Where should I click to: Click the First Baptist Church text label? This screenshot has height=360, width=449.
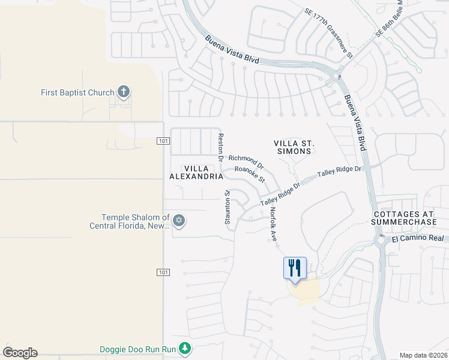coord(77,92)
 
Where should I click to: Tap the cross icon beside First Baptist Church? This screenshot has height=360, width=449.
coord(124,92)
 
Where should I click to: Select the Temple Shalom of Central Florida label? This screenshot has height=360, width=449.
coord(128,221)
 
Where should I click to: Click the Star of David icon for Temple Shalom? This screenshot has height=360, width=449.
coord(178,221)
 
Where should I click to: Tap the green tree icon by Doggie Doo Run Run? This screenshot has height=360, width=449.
coord(185,348)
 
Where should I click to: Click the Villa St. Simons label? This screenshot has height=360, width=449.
coord(294,147)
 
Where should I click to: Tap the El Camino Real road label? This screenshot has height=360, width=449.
coord(418,239)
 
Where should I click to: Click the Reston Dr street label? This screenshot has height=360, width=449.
coord(221,147)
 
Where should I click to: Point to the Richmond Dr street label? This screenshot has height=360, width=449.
coord(246,161)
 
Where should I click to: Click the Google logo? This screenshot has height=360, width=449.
coord(20,353)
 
